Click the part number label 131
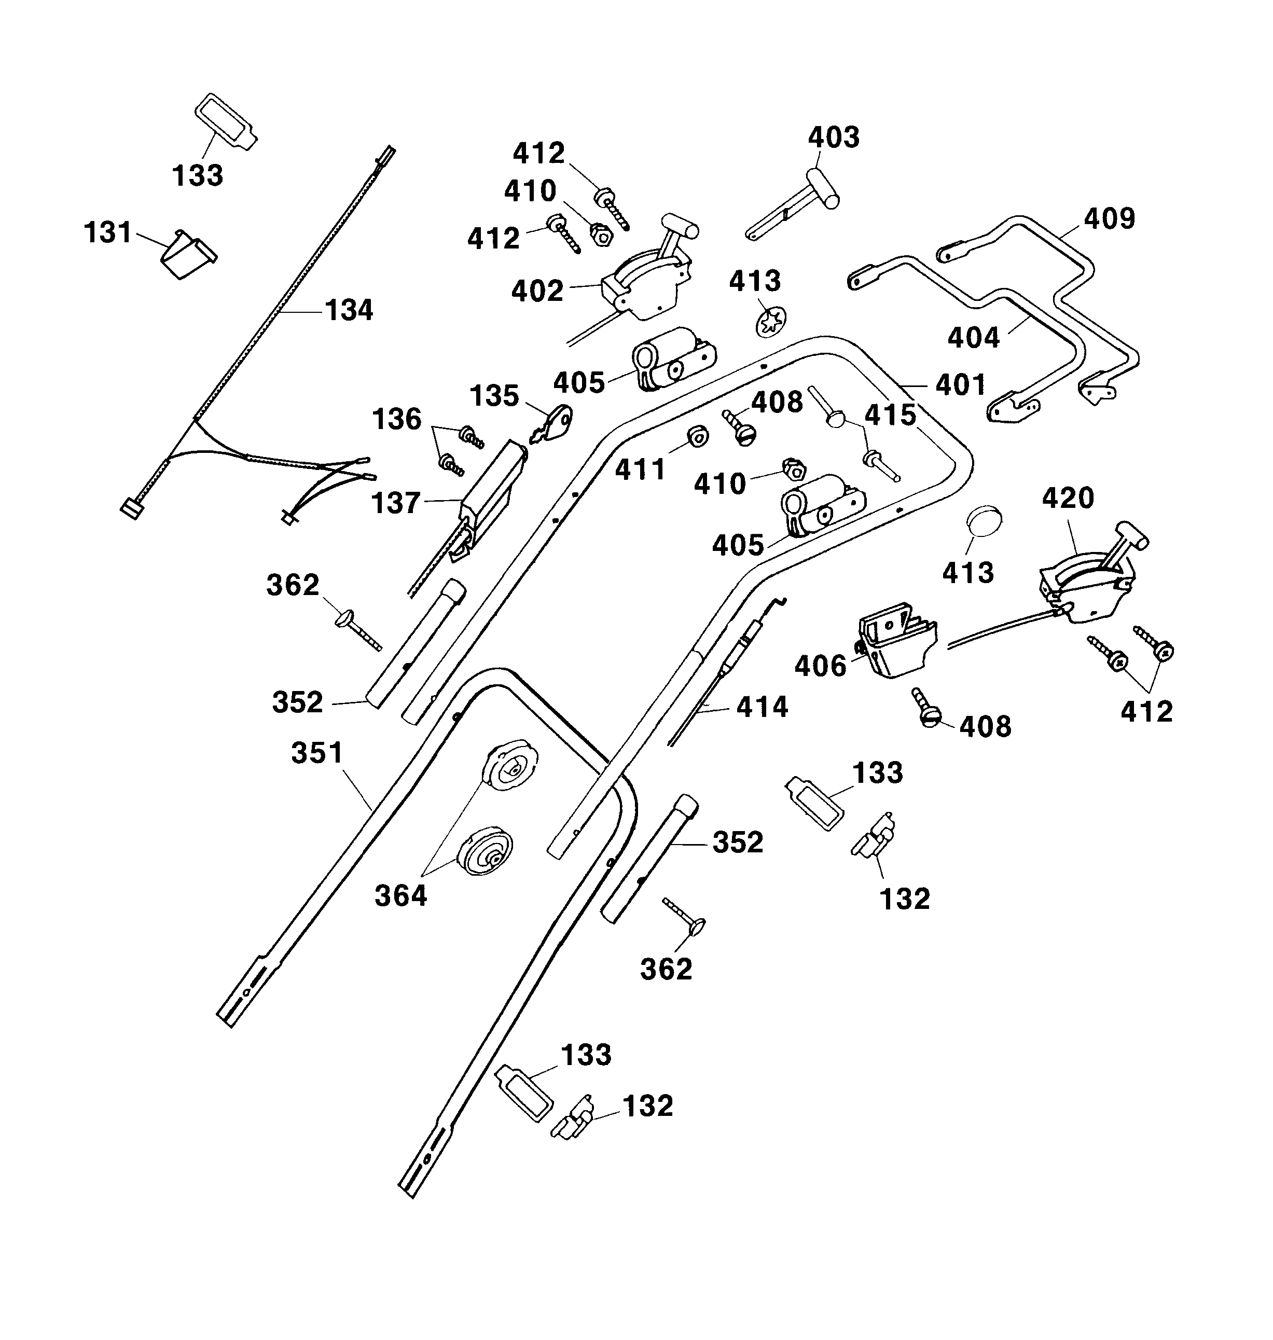[108, 233]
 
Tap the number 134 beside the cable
[349, 311]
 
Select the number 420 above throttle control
[1068, 498]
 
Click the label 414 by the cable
[762, 707]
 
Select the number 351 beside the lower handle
[317, 753]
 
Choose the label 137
[396, 503]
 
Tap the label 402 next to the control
[537, 291]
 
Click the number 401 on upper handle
[960, 385]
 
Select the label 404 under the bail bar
[973, 337]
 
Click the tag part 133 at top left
[225, 122]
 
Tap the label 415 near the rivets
[890, 415]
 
